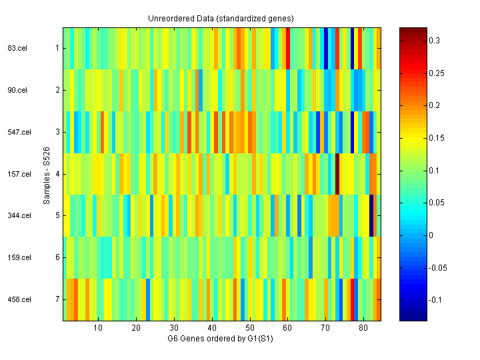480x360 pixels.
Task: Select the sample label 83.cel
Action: coord(16,48)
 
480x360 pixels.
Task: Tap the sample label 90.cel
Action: coord(16,90)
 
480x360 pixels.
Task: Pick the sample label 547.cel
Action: coord(18,132)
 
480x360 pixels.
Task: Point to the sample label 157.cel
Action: coord(18,174)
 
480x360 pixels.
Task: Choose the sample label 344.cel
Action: coord(18,216)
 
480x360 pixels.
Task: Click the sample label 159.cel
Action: coord(18,257)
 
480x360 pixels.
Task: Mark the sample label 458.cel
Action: coord(18,299)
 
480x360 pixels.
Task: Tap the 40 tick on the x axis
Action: coord(212,328)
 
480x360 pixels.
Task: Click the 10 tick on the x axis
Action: coord(98,328)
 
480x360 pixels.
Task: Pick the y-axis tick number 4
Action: coord(57,174)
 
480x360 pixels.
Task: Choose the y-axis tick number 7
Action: coord(57,299)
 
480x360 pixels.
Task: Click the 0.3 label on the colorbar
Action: coord(435,41)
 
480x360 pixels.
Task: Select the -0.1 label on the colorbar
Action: coord(435,300)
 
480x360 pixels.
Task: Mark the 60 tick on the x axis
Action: coord(287,328)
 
